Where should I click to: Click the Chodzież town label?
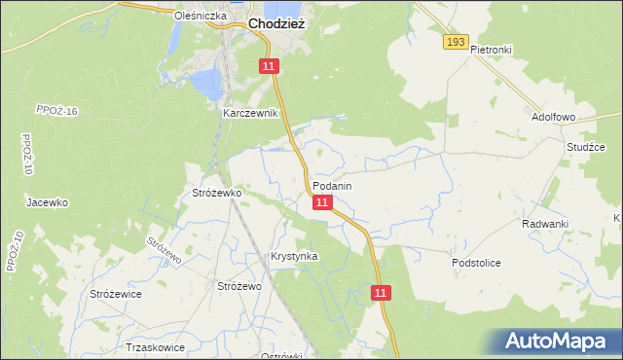(x=277, y=24)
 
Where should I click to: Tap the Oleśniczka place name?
(x=200, y=17)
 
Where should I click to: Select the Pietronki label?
(x=491, y=49)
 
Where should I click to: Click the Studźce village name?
(x=586, y=147)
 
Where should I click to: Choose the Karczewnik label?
(x=251, y=114)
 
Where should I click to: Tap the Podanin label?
(x=332, y=185)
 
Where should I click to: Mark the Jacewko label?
(x=47, y=202)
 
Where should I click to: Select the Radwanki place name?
(x=544, y=224)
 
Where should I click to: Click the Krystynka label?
(x=294, y=256)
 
